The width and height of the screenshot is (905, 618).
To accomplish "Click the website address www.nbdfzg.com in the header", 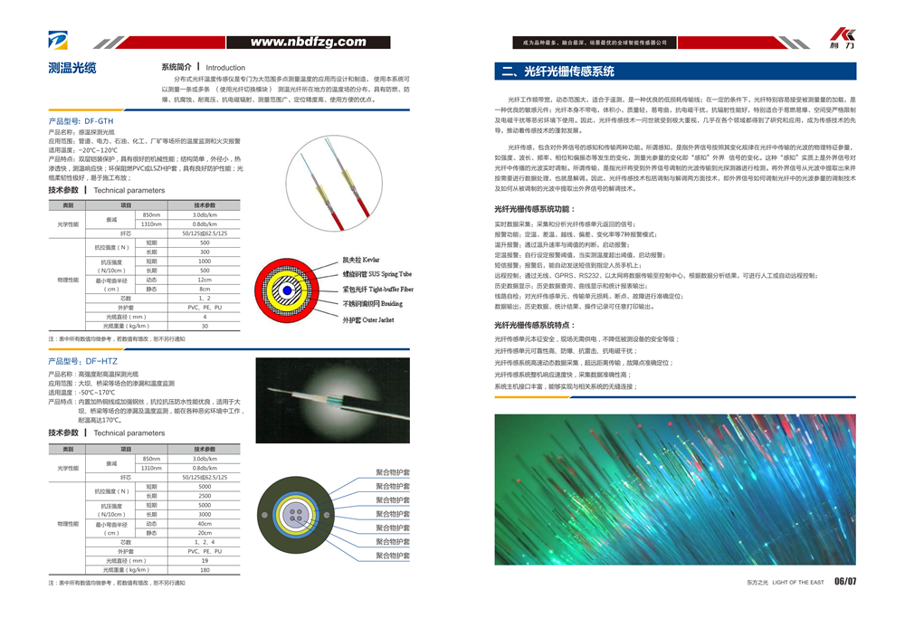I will pyautogui.click(x=308, y=42).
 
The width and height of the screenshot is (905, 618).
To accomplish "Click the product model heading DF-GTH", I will pyautogui.click(x=81, y=119).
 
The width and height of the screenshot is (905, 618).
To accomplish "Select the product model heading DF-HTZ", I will pyautogui.click(x=81, y=361).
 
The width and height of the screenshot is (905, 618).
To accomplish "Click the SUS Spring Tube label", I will pyautogui.click(x=376, y=274).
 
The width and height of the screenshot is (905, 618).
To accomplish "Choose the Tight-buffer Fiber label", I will pyautogui.click(x=377, y=290).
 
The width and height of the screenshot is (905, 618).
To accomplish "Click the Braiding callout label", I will pyautogui.click(x=372, y=304).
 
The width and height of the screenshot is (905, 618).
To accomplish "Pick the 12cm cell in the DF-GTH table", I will pyautogui.click(x=205, y=280).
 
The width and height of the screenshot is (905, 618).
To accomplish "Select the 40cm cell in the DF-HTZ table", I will pyautogui.click(x=205, y=524).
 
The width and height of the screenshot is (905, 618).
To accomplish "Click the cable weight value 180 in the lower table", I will pyautogui.click(x=205, y=570).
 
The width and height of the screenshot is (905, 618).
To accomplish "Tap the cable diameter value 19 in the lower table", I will pyautogui.click(x=205, y=561).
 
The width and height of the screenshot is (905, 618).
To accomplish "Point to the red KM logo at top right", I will pyautogui.click(x=841, y=35).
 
